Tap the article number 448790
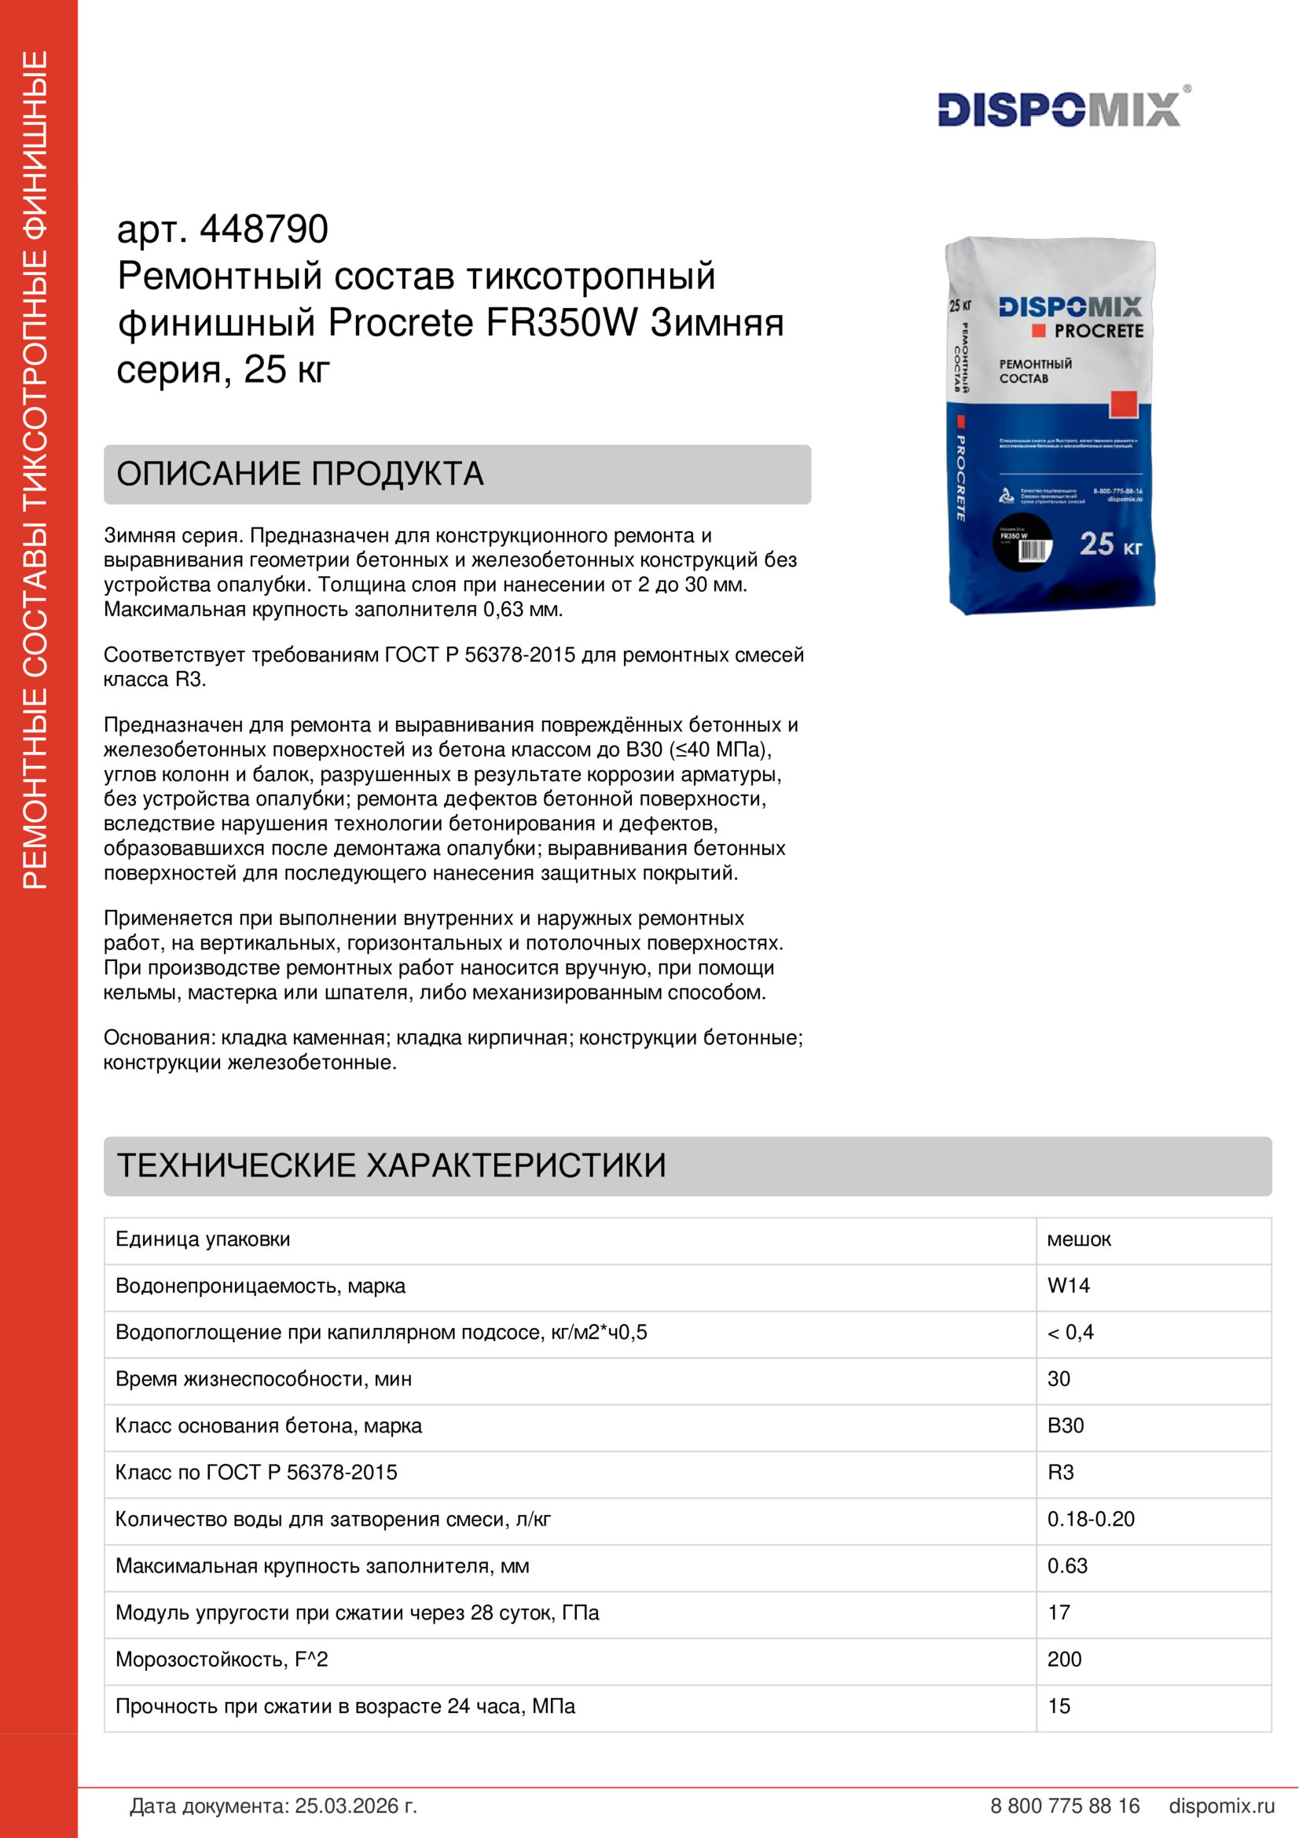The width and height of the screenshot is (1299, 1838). [263, 229]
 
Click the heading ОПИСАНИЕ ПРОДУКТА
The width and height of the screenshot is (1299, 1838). [300, 474]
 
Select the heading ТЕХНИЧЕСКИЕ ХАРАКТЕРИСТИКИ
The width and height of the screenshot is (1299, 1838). [391, 1165]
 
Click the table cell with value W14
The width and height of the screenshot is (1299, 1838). [1069, 1286]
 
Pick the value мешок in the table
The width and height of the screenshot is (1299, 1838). [1079, 1239]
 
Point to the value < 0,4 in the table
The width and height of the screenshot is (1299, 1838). [1071, 1332]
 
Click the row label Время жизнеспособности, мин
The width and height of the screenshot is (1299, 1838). [263, 1378]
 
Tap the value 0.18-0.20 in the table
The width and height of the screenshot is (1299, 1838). [1091, 1519]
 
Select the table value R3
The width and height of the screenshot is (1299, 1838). [1060, 1472]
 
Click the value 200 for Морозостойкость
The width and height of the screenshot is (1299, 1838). [1065, 1659]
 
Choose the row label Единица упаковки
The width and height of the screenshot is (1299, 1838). [203, 1239]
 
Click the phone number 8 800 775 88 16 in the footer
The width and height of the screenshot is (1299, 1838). [1065, 1806]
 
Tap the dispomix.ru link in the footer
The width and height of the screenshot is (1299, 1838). [1221, 1806]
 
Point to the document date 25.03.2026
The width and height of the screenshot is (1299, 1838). [355, 1806]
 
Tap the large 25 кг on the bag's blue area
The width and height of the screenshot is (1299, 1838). [1110, 545]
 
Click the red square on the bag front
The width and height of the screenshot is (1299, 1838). [1123, 404]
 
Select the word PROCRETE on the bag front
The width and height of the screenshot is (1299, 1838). [1098, 331]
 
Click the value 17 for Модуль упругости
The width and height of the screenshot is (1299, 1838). [1059, 1612]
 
